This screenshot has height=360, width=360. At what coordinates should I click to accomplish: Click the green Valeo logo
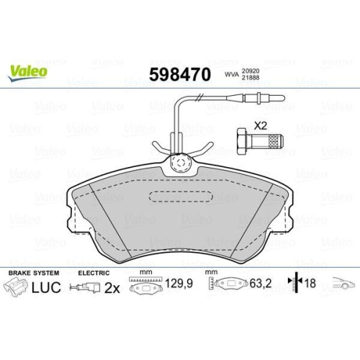pos(27,73)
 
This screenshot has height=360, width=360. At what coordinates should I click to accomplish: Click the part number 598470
pos(180,75)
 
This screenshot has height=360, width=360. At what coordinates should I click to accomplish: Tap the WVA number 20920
pos(251,71)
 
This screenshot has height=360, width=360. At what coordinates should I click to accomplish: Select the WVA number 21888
pos(251,78)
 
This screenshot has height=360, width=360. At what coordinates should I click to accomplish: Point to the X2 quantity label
pos(261,126)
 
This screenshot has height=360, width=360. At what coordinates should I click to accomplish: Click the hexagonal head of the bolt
pos(242,141)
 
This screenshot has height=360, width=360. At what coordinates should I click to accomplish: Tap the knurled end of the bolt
pos(276,141)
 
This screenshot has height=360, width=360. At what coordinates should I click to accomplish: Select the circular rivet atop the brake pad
pos(180,163)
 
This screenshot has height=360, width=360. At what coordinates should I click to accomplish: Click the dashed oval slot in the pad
pos(181,197)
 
